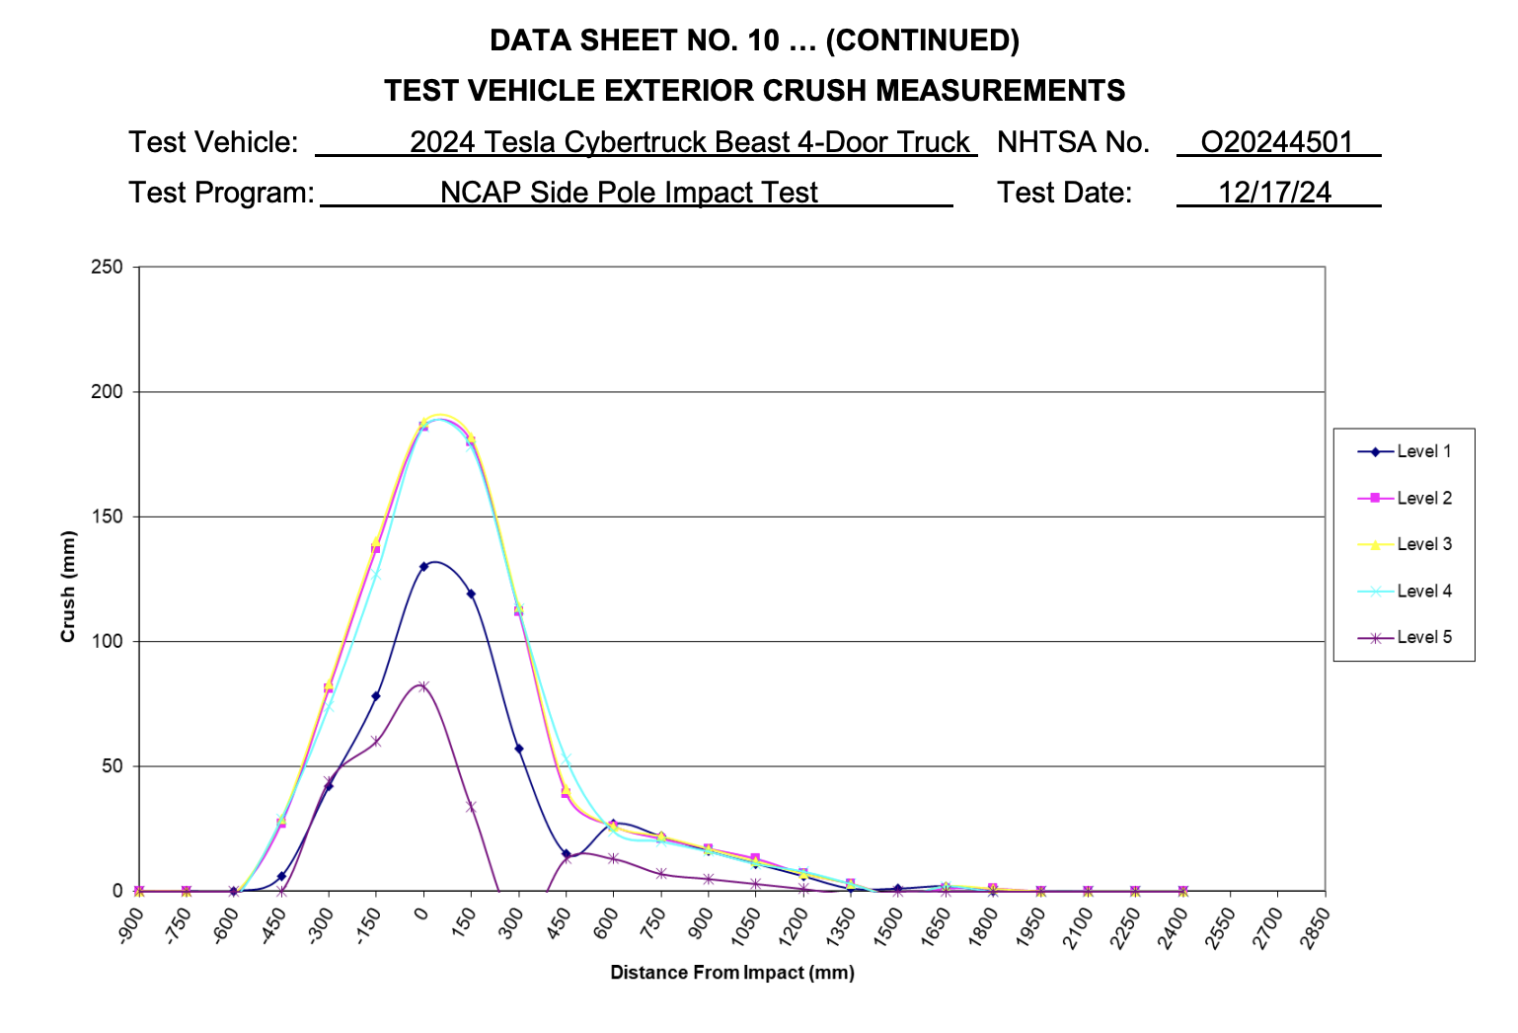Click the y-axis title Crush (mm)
(68, 587)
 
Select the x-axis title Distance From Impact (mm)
(731, 973)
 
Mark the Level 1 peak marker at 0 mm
(423, 567)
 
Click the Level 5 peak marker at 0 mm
(423, 686)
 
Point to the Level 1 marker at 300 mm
(518, 749)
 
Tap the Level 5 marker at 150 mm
(471, 807)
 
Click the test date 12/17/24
(1274, 192)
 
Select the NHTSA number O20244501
(1276, 142)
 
